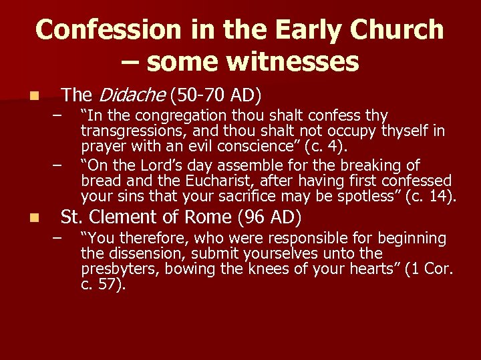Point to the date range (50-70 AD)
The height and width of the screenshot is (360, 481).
point(216,94)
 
